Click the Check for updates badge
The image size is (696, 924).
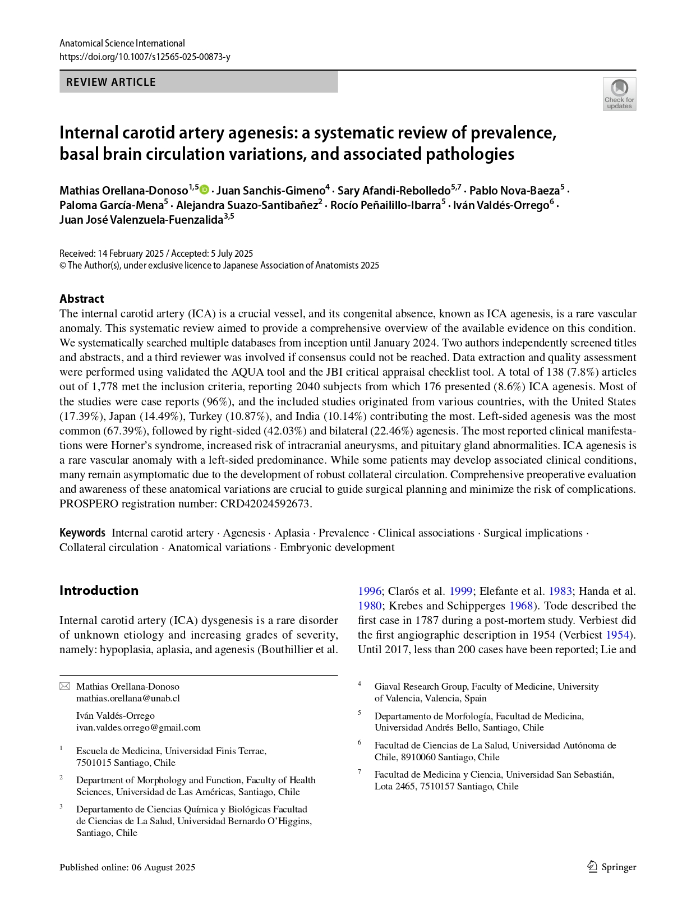tap(619, 94)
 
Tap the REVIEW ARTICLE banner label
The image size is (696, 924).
tap(111, 82)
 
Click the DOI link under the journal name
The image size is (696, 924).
tap(145, 57)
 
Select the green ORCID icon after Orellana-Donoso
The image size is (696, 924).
tap(205, 190)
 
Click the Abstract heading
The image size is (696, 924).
tap(82, 298)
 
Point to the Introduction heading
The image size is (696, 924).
tap(99, 590)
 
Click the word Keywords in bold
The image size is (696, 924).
tap(82, 533)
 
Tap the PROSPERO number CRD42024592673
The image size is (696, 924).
tap(265, 503)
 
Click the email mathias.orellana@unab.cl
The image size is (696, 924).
tap(128, 698)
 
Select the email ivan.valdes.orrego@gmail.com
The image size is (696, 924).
tap(138, 727)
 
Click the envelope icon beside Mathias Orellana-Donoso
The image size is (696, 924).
tap(65, 686)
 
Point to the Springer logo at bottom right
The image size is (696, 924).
tap(612, 867)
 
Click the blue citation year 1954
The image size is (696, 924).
tap(617, 635)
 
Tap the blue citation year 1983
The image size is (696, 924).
tap(560, 591)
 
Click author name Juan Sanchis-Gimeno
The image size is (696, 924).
tap(271, 191)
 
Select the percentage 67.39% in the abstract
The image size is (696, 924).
tap(122, 431)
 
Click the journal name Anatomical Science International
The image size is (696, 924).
tap(122, 43)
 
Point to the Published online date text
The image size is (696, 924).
tap(127, 867)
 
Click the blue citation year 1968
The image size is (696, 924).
tap(520, 606)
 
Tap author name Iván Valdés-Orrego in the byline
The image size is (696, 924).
tap(501, 205)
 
